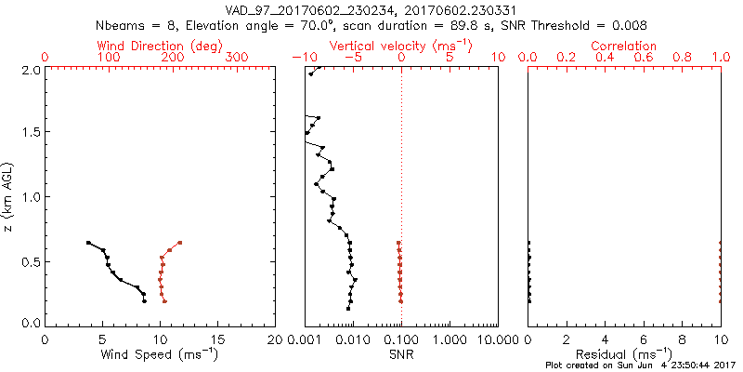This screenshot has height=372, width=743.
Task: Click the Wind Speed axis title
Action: [160, 353]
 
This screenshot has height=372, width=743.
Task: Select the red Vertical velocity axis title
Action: [401, 46]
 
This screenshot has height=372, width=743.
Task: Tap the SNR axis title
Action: [401, 353]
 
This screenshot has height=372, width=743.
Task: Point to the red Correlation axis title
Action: [624, 46]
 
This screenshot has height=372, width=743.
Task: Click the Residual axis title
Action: [624, 353]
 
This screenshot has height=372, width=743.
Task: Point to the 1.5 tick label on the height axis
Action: [32, 133]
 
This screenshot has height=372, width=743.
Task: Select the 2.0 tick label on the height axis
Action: [32, 69]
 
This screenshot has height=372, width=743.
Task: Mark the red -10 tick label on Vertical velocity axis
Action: [302, 58]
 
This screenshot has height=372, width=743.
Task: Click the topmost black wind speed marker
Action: [88, 243]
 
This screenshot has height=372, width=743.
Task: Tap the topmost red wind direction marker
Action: [179, 243]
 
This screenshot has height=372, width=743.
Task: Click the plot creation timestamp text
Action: [641, 365]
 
